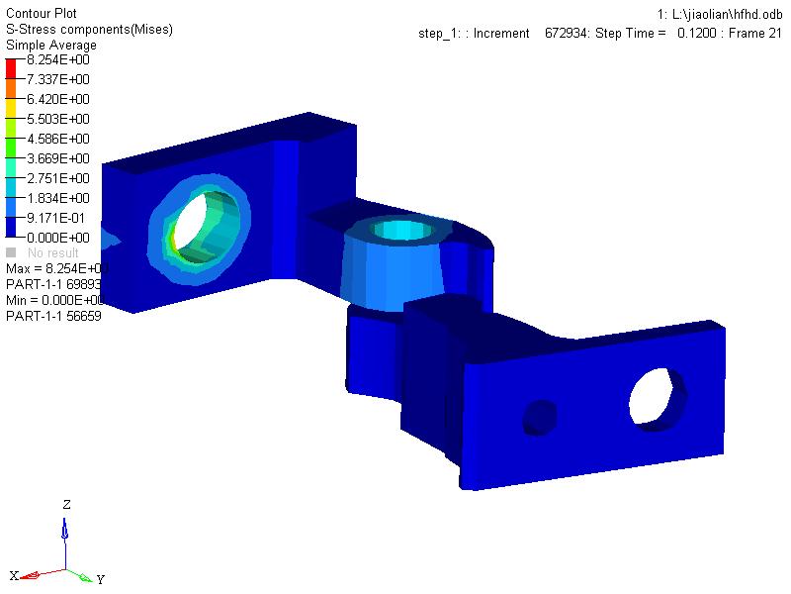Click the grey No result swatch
coord(11,252)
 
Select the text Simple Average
coord(51,46)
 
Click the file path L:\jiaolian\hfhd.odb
coord(733,15)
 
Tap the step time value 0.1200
coord(698,33)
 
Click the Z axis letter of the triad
coord(66,504)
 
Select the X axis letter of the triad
coord(14,575)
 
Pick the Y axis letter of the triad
coord(101,578)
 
